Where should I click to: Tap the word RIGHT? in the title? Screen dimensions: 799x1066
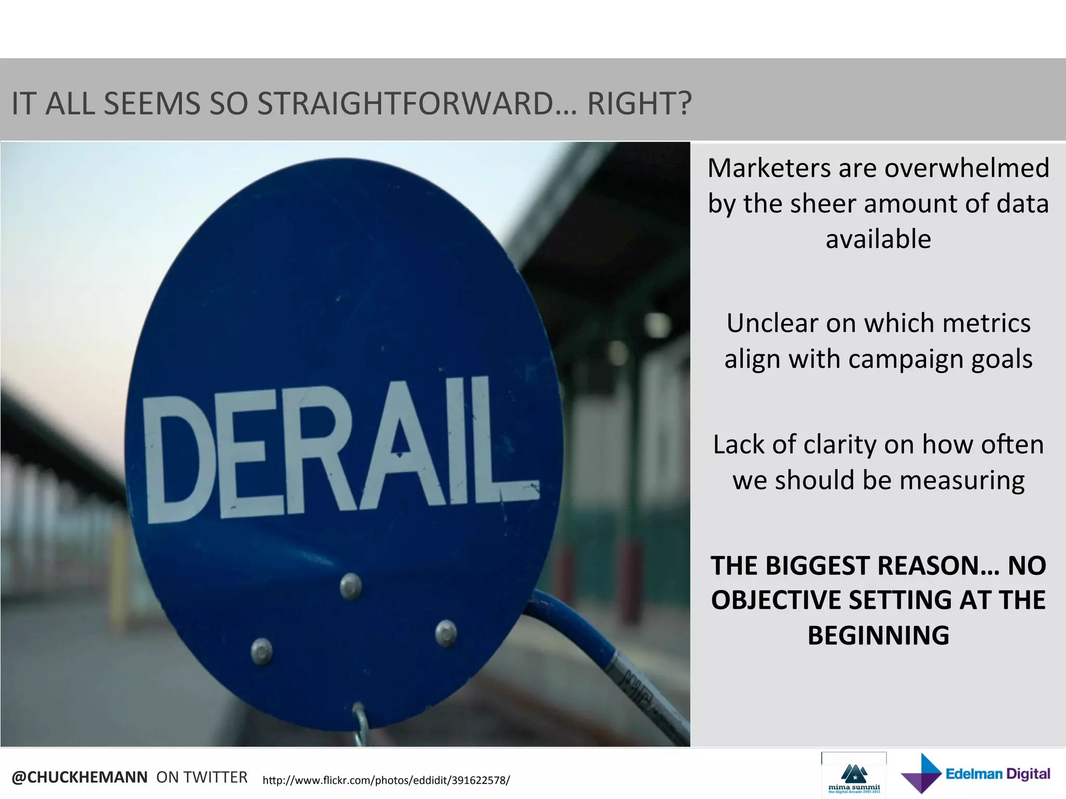(639, 104)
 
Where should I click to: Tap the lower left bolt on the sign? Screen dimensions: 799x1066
(262, 651)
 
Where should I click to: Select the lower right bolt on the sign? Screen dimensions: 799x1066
(446, 633)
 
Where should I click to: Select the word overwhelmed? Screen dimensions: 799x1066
(967, 169)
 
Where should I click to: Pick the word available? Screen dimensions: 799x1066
(878, 239)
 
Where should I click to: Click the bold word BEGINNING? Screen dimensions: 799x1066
(878, 636)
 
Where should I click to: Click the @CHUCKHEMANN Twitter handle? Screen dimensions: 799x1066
(80, 777)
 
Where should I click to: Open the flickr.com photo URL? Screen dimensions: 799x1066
(386, 780)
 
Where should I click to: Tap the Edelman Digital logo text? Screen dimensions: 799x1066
(997, 774)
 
